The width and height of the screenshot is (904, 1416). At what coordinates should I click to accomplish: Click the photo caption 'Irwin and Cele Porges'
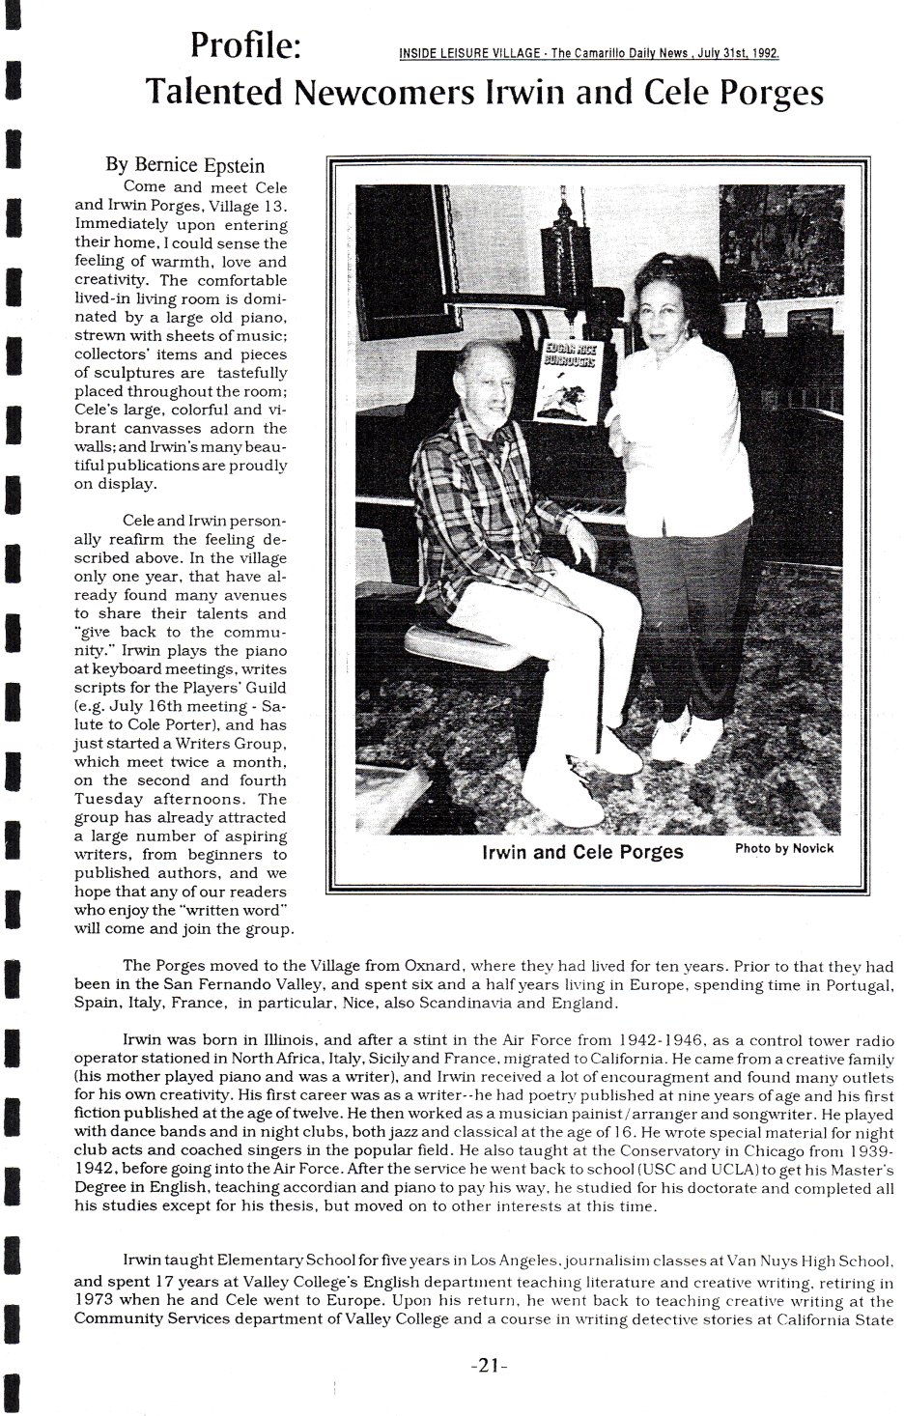point(582,852)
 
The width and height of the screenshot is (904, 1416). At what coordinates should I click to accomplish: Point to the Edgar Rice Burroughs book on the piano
point(568,382)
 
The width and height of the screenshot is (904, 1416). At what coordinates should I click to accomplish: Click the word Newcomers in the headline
point(384,94)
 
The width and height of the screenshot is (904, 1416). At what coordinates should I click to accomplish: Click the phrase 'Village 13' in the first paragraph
point(246,205)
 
